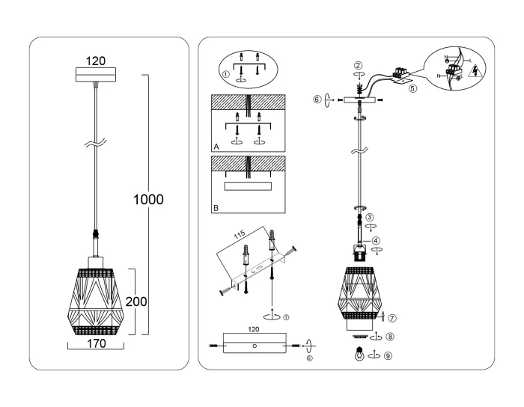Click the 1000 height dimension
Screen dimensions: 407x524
(148, 200)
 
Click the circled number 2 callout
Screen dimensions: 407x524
(359, 65)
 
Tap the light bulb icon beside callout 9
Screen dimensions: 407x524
(361, 356)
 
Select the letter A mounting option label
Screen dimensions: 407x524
(216, 148)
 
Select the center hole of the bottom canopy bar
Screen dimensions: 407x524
(255, 346)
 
